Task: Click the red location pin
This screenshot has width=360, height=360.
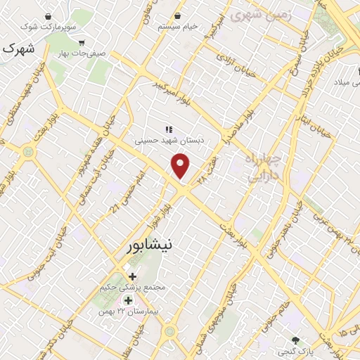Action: click(x=181, y=167)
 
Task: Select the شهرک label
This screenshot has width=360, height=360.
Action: click(x=18, y=49)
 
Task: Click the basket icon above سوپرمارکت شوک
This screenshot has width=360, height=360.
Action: click(x=48, y=16)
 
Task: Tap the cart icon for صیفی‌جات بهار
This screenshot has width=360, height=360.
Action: click(x=82, y=42)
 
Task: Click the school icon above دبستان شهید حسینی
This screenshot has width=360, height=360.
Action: click(x=169, y=129)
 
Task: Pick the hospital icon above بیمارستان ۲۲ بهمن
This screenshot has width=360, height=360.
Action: click(x=127, y=301)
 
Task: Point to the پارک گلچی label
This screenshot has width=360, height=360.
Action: click(x=296, y=350)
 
